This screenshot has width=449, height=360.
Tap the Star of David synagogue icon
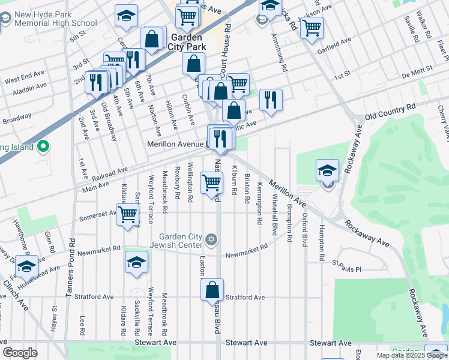[x=210, y=240]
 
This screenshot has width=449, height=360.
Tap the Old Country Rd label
[x=390, y=110]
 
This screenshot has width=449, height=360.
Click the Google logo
[x=20, y=353]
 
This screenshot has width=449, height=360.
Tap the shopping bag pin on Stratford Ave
[x=212, y=290]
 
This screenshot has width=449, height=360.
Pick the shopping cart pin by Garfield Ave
[x=312, y=28]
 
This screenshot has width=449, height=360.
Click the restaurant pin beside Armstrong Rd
[x=271, y=100]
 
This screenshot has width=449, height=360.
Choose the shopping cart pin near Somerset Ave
[x=128, y=214]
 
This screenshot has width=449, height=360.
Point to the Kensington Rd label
[x=260, y=203]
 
